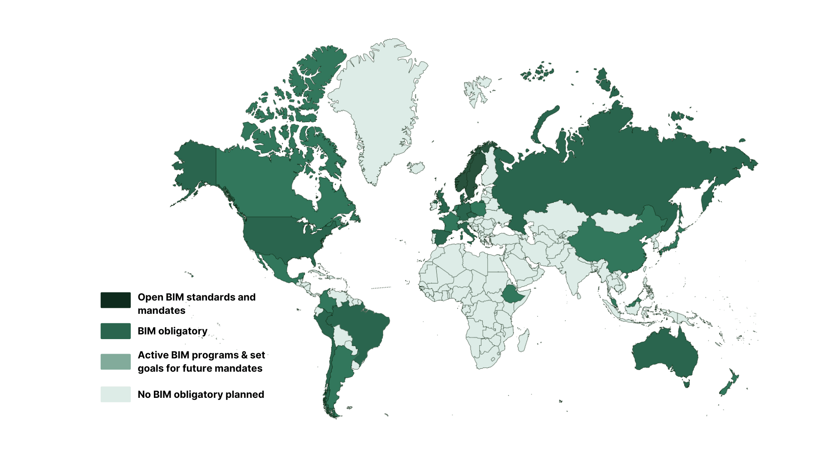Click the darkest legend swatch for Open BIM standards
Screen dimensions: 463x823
(115, 300)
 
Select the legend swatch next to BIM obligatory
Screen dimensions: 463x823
(115, 331)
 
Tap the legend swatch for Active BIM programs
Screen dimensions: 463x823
(115, 361)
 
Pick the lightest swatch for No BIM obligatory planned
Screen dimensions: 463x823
(115, 394)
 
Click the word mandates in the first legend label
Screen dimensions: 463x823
(162, 310)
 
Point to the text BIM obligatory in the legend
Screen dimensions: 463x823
(172, 331)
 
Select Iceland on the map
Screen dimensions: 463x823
(416, 167)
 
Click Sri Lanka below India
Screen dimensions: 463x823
(579, 295)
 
